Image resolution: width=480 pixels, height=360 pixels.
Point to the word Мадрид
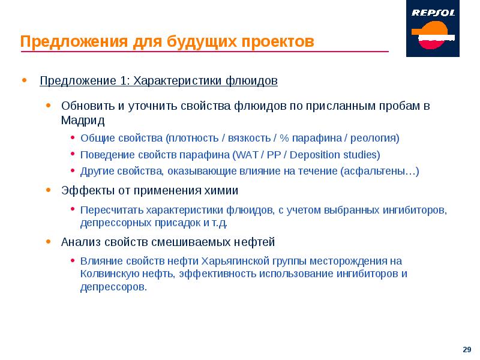click(x=83, y=120)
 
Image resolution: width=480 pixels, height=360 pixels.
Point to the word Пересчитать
click(x=112, y=210)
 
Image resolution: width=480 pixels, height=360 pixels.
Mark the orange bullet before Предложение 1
click(x=24, y=80)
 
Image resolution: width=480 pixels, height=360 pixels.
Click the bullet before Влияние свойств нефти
click(x=73, y=261)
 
